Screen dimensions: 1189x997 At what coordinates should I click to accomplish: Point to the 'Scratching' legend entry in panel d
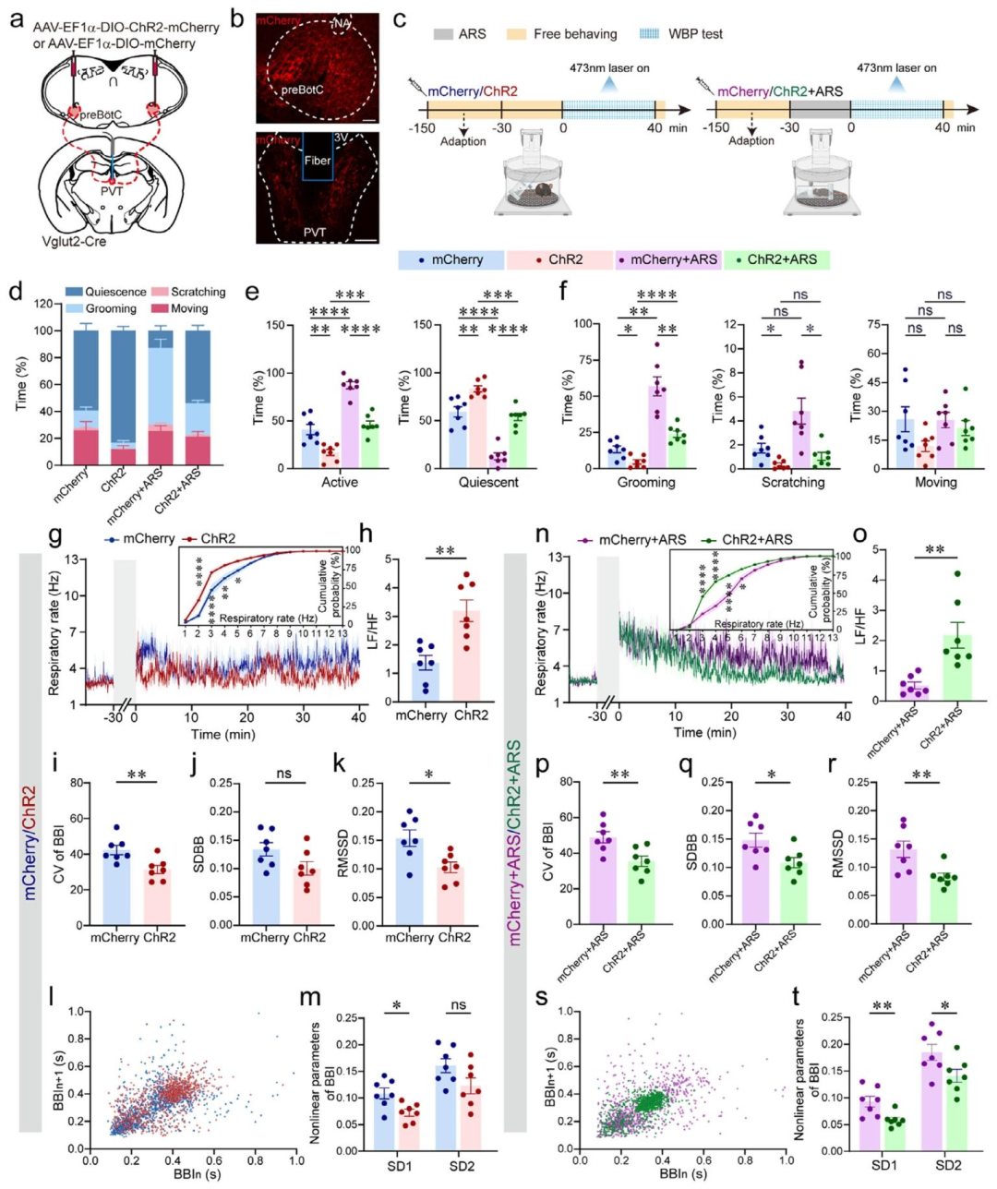(x=198, y=292)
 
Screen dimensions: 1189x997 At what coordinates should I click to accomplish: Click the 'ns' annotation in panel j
(x=283, y=774)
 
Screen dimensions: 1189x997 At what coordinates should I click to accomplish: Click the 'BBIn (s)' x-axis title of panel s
(x=682, y=1173)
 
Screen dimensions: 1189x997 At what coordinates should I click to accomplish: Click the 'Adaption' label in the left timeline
(x=462, y=141)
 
